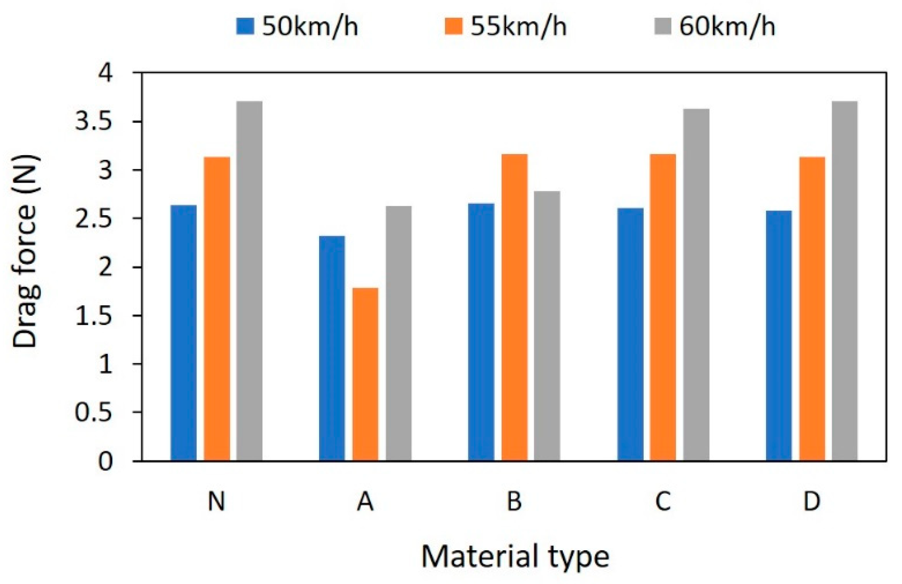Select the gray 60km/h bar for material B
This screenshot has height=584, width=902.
coord(547,326)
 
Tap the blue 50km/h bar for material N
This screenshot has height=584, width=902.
coord(184,332)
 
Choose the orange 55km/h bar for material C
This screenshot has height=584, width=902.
coord(663,307)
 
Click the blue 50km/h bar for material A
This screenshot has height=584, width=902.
coord(332,348)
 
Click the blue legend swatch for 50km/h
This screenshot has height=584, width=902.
coord(245,26)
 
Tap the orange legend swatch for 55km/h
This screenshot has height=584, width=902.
coord(453,26)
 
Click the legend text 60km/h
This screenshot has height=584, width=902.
coord(727,26)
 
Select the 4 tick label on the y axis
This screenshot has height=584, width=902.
coord(105,73)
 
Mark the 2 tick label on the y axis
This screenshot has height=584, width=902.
coord(105,268)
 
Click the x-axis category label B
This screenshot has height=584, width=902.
coord(514,502)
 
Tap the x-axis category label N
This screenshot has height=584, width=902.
coord(216,502)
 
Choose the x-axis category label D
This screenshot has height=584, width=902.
coord(812,502)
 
